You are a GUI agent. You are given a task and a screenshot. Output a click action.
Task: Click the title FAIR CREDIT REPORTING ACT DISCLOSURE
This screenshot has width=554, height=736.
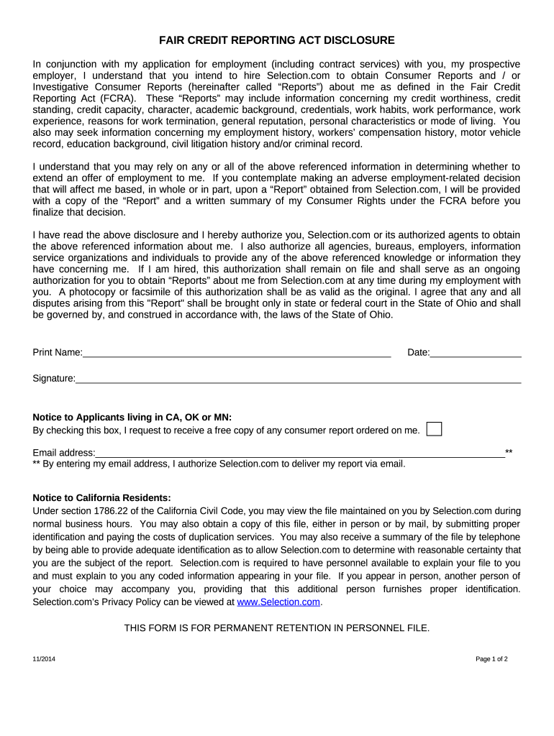click(x=276, y=40)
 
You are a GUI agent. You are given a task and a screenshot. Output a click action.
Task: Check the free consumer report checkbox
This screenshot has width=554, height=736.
click(x=434, y=429)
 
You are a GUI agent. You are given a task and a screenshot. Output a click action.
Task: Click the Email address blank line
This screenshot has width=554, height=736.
click(x=300, y=452)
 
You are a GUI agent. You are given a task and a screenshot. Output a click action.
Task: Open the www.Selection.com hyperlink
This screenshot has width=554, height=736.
click(x=278, y=602)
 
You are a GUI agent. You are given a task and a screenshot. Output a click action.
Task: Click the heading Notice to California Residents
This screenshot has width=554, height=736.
click(x=102, y=497)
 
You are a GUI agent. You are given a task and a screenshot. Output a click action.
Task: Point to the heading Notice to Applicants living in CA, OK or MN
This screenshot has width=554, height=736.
click(x=132, y=417)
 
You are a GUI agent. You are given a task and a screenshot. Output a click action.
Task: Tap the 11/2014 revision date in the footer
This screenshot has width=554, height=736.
click(x=43, y=659)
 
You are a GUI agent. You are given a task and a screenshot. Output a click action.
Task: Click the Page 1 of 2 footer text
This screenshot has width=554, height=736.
click(x=491, y=659)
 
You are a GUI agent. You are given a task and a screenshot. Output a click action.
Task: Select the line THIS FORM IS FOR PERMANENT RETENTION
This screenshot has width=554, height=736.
click(x=276, y=627)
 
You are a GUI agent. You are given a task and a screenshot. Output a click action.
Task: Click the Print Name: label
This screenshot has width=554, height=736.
click(x=58, y=352)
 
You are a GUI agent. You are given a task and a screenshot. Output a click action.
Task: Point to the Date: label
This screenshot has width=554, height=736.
click(x=418, y=352)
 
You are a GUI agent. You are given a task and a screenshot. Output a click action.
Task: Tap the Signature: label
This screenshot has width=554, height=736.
click(x=54, y=378)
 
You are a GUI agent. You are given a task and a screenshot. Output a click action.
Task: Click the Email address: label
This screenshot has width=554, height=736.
click(x=64, y=453)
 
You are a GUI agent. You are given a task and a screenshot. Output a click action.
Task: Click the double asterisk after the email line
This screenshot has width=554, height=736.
click(x=509, y=452)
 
